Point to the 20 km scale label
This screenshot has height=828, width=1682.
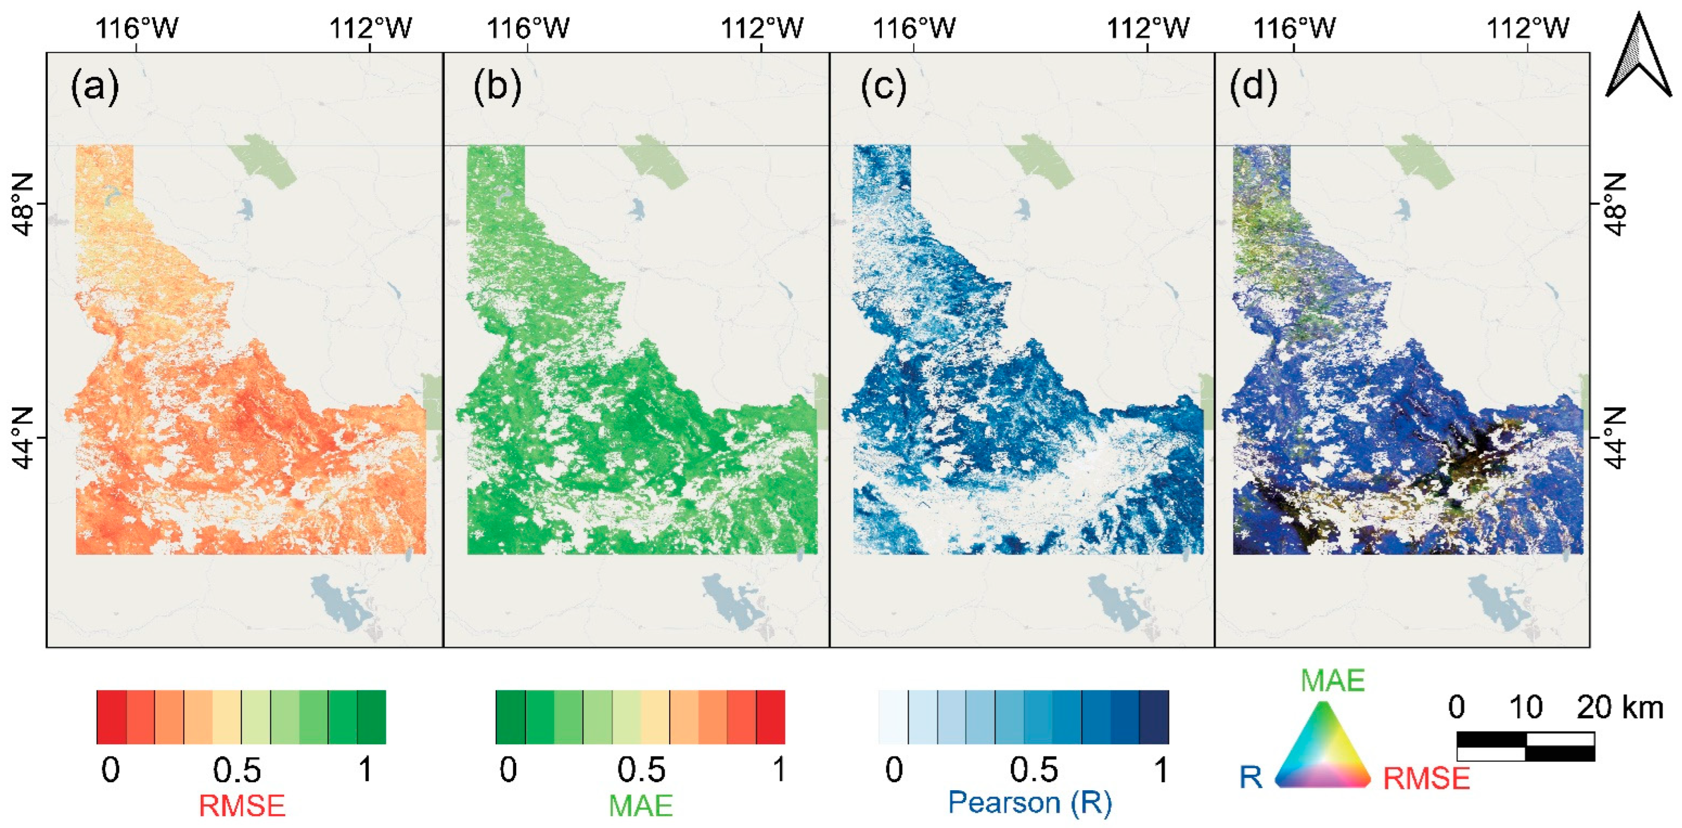click(x=1619, y=708)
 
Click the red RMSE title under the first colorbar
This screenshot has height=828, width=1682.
click(x=241, y=805)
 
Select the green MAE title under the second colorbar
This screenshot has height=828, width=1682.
click(x=640, y=805)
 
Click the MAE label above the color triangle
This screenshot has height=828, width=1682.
click(x=1332, y=680)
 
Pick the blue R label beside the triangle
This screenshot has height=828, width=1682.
click(x=1250, y=777)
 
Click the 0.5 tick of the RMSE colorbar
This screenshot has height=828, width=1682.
click(x=237, y=770)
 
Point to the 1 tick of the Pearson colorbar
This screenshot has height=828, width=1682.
click(x=1160, y=770)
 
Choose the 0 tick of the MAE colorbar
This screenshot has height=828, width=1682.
click(x=508, y=770)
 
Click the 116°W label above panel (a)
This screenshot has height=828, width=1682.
click(x=137, y=29)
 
